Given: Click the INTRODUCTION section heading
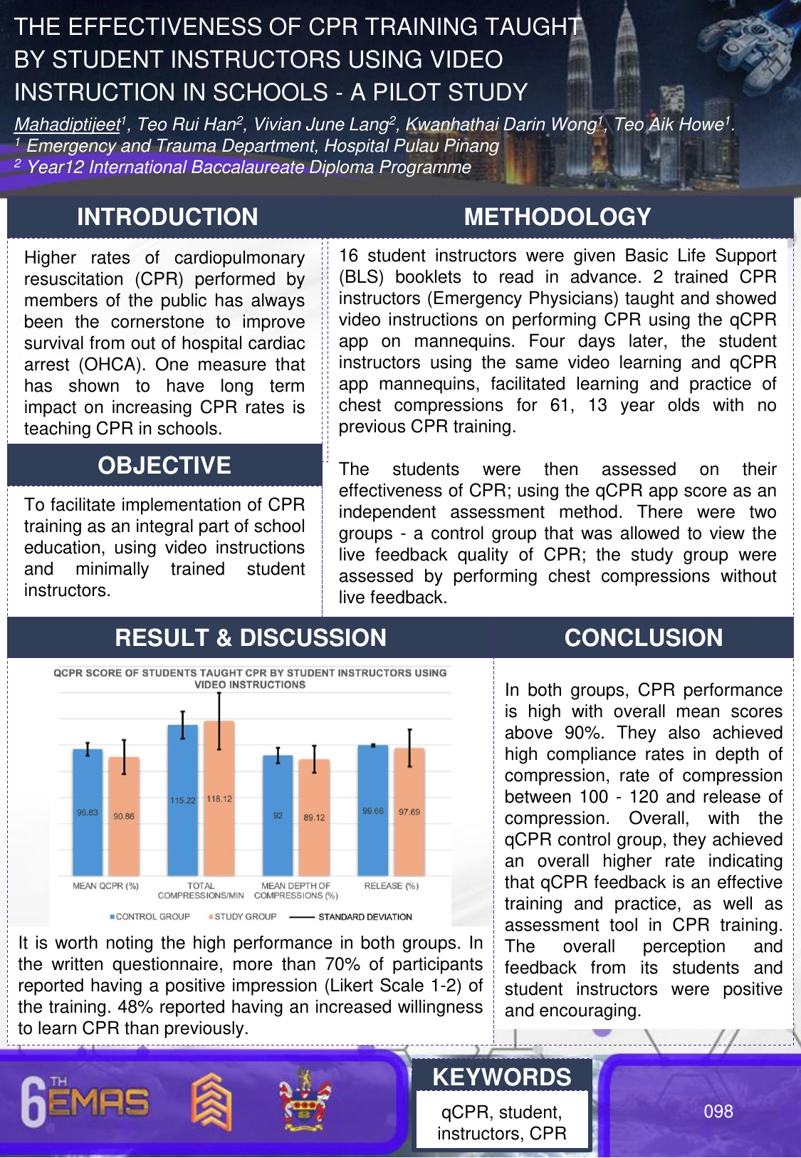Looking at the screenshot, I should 167,217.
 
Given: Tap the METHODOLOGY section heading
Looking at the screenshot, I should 557,217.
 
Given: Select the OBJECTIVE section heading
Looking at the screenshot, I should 164,466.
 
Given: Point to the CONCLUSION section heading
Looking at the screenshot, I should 644,637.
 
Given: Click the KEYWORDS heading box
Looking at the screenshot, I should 502,1077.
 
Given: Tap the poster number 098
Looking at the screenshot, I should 718,1111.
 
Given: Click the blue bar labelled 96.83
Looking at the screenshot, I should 88,812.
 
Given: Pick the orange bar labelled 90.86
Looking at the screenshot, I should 124,816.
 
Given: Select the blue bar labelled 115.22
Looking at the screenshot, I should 182,800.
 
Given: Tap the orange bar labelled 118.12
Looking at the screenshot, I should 219,798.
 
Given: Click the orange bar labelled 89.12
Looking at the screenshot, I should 314,818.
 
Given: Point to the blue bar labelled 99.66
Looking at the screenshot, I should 373,810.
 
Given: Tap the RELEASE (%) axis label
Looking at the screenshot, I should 391,886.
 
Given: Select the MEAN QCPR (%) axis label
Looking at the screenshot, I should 105,886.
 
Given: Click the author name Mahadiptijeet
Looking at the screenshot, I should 67,125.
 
